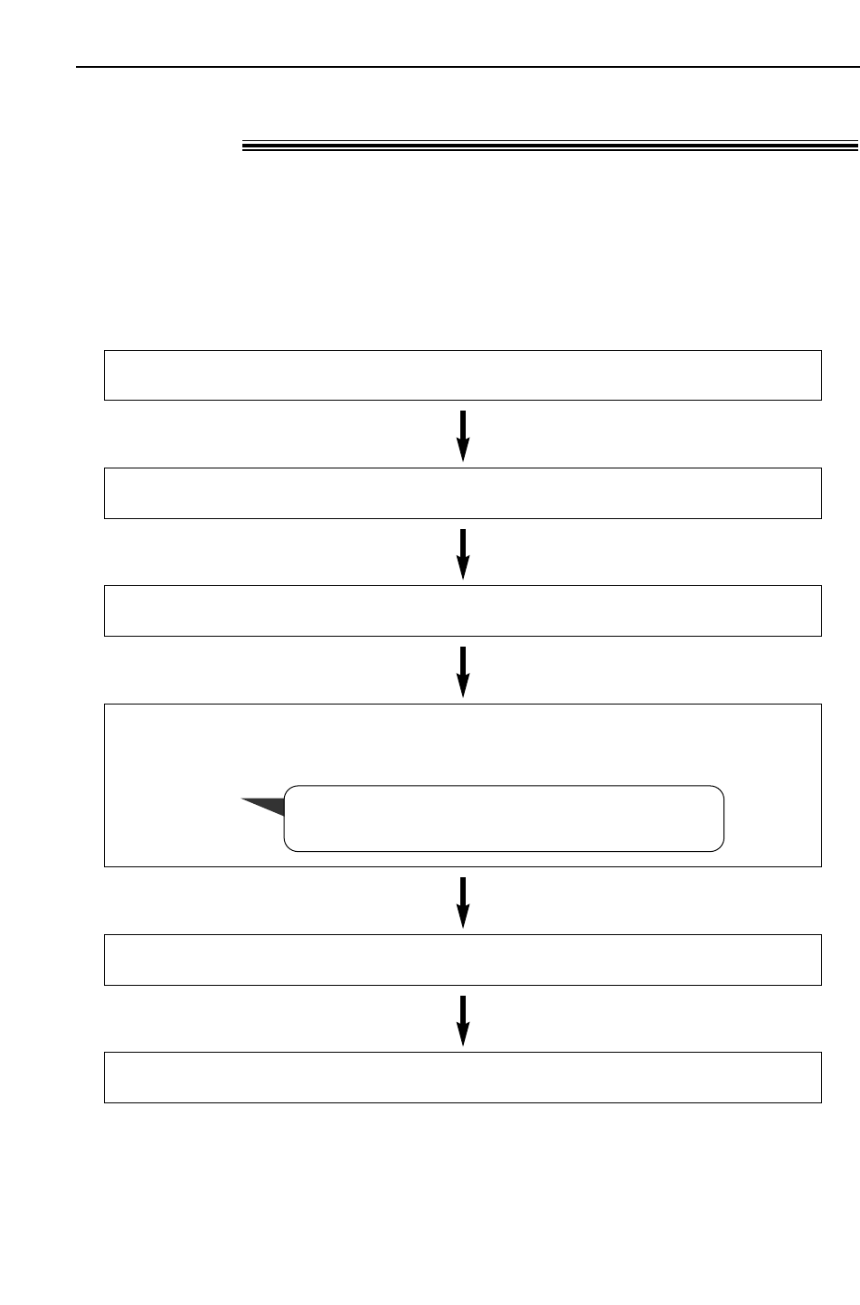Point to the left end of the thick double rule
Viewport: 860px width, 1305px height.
(243, 146)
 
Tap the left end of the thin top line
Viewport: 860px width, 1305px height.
(78, 67)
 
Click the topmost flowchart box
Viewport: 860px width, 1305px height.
(462, 375)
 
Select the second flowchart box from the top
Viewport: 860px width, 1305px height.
(462, 493)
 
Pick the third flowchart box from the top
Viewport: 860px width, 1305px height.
(462, 610)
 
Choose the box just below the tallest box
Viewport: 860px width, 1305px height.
(462, 960)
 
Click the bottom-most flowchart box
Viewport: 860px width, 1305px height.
(462, 1077)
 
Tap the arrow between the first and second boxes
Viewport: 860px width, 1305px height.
(463, 435)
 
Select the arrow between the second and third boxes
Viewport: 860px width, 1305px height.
(463, 553)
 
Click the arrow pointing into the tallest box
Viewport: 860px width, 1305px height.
(463, 671)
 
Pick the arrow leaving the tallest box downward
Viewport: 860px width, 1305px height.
(463, 901)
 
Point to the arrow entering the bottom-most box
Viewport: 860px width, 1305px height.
(463, 1019)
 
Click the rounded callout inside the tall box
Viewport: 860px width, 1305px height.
(505, 818)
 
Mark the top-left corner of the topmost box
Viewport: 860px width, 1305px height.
(105, 351)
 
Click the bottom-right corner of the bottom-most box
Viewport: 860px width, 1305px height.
(821, 1102)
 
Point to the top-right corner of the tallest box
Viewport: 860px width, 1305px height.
(821, 705)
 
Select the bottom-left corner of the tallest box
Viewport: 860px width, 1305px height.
(105, 866)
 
